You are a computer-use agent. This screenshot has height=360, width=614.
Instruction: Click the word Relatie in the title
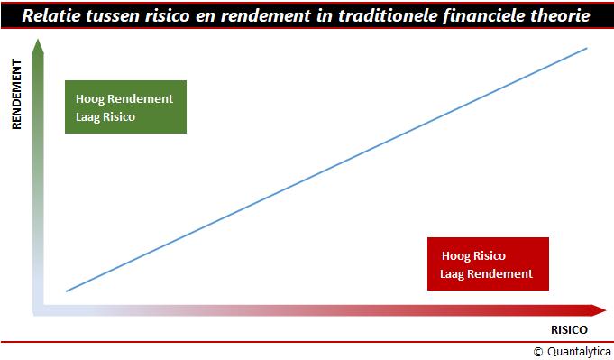50,15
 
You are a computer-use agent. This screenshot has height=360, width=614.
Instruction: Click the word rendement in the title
266,15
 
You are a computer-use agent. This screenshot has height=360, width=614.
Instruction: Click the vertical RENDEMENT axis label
16,94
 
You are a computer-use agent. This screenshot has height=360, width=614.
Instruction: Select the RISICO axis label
569,330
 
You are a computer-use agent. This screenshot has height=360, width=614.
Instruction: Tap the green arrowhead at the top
38,46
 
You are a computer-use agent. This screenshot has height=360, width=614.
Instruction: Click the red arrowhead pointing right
598,310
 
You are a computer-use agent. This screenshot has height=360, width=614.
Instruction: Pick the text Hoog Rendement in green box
124,98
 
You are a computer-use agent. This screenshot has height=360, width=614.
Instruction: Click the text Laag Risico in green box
105,116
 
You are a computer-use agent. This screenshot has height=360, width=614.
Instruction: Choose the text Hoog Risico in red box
473,256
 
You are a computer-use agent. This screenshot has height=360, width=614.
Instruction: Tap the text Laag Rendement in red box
486,273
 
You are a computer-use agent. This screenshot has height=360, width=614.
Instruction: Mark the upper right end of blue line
587,48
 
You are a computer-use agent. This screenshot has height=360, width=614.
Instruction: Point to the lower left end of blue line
67,291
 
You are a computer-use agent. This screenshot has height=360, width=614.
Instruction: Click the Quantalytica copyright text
573,352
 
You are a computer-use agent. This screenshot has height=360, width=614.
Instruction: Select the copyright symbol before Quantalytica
538,352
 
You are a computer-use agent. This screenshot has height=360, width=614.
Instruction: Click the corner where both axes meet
38,310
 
